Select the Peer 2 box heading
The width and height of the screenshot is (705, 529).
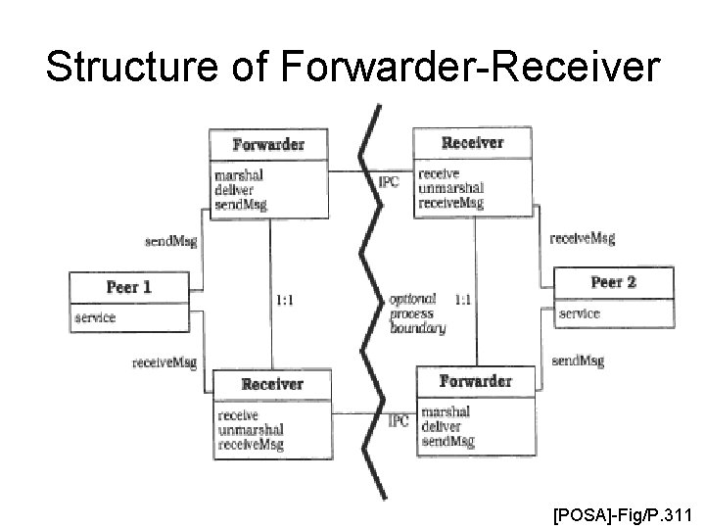[614, 282]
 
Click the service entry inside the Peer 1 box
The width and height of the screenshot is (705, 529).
[95, 317]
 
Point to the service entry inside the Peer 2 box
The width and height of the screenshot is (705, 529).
[579, 313]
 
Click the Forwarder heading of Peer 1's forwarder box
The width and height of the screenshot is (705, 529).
[268, 144]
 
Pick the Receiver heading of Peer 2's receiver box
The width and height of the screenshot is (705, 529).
[472, 142]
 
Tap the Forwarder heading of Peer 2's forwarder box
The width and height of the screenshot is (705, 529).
[475, 380]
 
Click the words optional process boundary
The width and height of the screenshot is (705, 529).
[417, 313]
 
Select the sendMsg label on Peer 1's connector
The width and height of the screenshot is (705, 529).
[170, 242]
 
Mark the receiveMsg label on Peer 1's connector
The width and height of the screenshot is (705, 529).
[164, 362]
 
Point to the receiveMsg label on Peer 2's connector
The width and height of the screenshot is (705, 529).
[583, 238]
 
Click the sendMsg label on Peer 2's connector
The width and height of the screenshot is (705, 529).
[578, 361]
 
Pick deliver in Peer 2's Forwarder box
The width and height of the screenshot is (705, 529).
[440, 426]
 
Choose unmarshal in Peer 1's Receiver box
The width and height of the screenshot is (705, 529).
[251, 429]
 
